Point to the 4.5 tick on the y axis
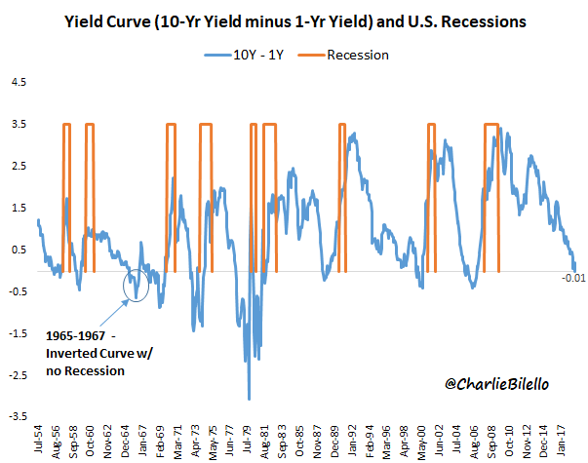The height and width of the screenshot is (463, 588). click(19, 83)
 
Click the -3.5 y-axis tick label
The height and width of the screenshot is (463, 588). click(17, 415)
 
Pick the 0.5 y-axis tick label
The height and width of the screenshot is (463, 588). click(19, 250)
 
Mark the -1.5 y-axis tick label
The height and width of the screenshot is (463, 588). click(17, 332)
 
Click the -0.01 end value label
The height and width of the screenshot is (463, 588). click(573, 279)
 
